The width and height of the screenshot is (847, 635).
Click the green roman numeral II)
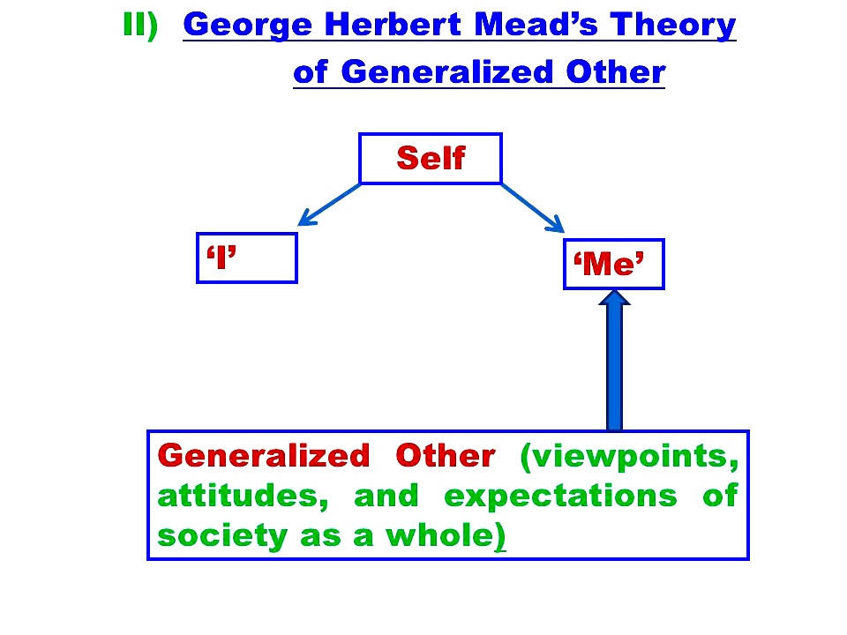140,25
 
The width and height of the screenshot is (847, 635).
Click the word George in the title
247,26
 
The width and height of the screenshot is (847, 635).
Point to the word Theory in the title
673,26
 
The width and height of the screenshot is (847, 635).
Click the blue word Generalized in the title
447,71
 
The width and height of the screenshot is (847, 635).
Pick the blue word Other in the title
615,71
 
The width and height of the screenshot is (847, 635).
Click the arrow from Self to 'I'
329,205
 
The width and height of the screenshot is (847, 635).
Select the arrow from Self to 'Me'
533,208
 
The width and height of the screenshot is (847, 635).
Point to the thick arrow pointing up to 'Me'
614,360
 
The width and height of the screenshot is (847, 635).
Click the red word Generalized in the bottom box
264,455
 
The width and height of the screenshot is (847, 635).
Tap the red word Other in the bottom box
445,455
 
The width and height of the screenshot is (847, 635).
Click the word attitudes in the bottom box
243,496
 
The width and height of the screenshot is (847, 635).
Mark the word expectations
560,497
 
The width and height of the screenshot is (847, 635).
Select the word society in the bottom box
222,537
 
